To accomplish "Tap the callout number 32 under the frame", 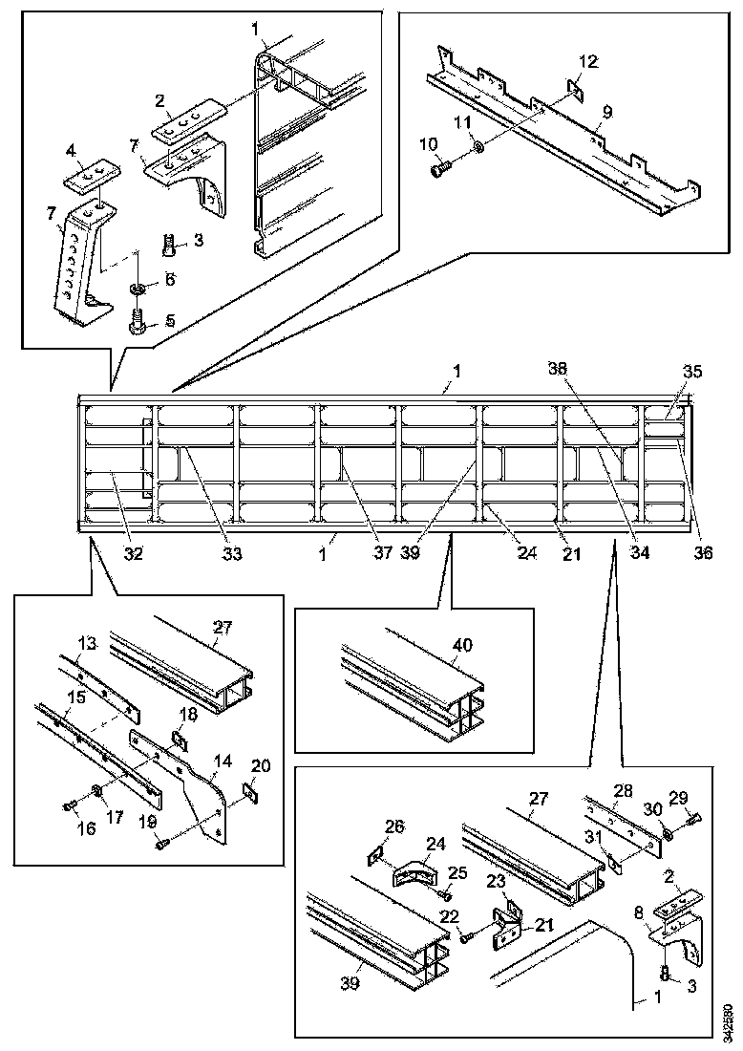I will pos(135,552).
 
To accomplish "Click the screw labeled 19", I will pos(163,842).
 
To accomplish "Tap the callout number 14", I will pos(223,762).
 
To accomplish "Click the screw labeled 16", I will pos(68,806).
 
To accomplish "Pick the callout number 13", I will pos(87,645).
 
